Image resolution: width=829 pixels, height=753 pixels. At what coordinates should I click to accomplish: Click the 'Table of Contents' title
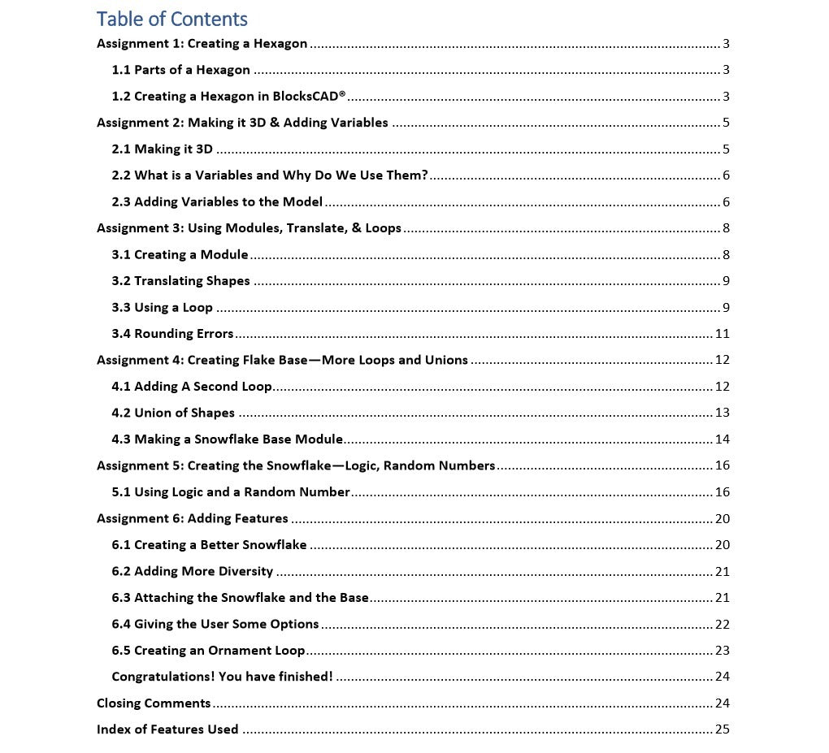tap(172, 19)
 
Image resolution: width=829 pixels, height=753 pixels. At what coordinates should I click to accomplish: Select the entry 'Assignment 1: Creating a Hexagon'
tap(202, 44)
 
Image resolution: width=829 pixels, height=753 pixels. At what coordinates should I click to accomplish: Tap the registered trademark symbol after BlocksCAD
tap(342, 94)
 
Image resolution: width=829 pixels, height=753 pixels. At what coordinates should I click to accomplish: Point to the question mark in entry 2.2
tap(424, 175)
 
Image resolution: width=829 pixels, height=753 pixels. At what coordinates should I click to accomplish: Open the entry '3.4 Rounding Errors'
tap(172, 334)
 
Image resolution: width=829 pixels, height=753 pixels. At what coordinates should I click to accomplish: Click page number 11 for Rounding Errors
tap(722, 334)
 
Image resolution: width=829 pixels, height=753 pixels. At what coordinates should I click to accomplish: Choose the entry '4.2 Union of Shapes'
tap(173, 413)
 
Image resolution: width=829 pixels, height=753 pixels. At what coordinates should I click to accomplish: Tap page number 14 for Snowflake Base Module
tap(722, 439)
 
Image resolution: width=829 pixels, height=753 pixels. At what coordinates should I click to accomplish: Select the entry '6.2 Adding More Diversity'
tap(193, 571)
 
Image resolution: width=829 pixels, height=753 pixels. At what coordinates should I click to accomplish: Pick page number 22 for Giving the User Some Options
tap(722, 624)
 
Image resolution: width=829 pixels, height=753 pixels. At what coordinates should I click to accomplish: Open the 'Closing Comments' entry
tap(154, 703)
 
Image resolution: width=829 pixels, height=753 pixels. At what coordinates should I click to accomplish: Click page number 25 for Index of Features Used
tap(722, 729)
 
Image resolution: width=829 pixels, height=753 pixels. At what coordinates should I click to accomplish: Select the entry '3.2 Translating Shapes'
tap(180, 281)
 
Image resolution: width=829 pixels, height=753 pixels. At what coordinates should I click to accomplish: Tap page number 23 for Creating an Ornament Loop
tap(722, 651)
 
